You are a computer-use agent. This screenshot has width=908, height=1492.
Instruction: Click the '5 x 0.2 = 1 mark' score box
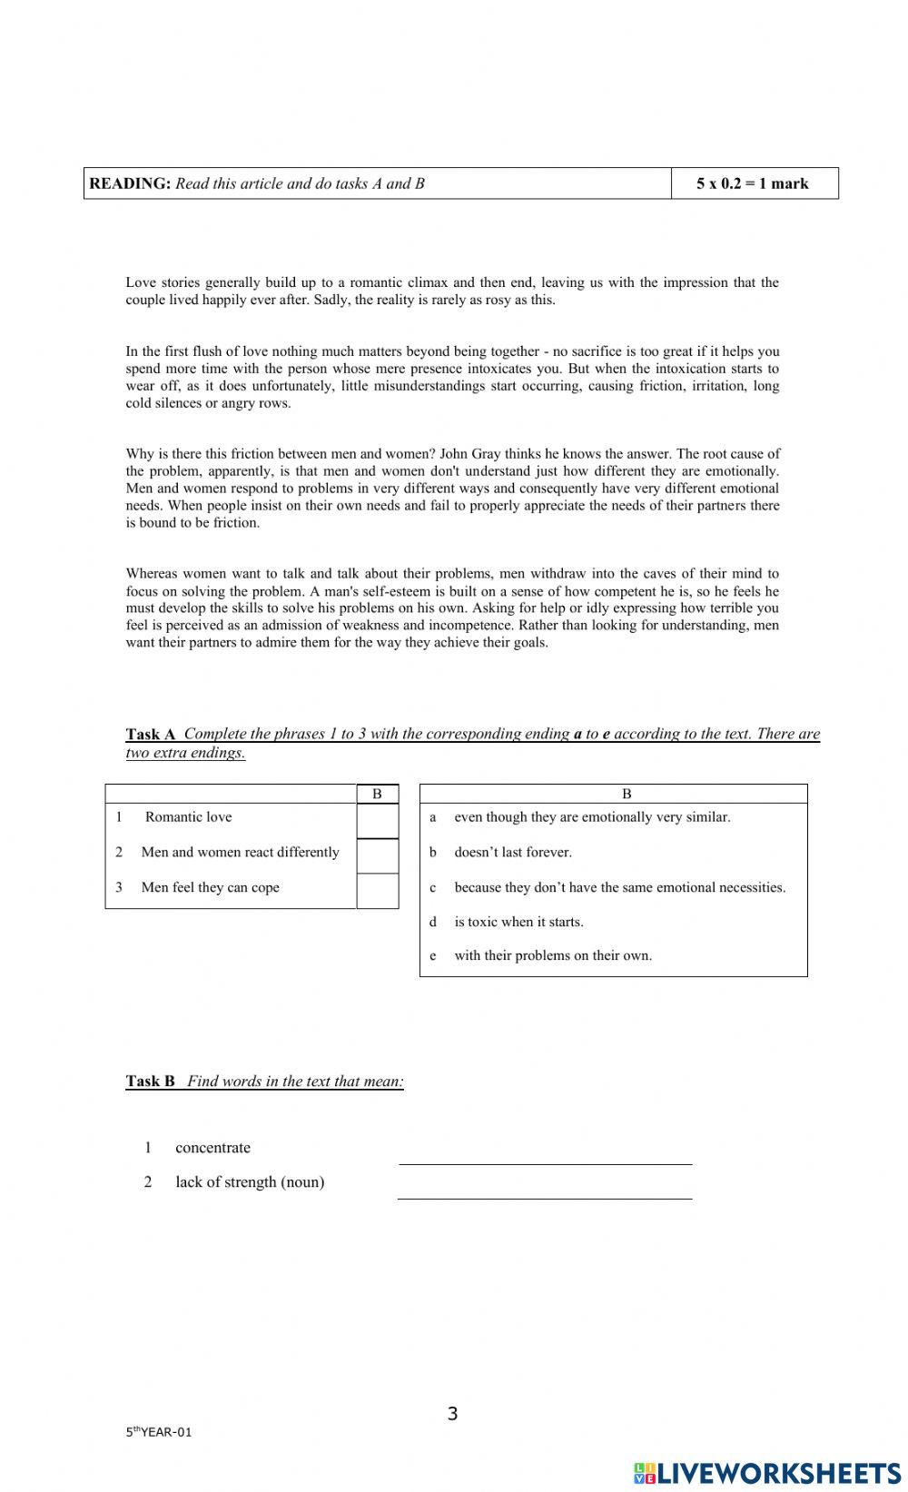(753, 183)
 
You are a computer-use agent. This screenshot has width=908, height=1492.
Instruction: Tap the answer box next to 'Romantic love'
(377, 821)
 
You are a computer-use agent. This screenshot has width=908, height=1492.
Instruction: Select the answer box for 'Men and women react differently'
(377, 855)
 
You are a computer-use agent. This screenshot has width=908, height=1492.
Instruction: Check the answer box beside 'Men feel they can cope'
(377, 891)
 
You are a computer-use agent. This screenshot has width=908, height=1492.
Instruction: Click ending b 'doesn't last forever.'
(512, 852)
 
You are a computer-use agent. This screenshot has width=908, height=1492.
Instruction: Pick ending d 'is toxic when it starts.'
(518, 922)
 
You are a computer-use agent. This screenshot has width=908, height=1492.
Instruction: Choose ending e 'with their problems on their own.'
(552, 955)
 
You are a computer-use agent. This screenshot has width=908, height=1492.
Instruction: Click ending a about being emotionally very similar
(591, 817)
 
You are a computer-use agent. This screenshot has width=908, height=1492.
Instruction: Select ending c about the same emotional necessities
(619, 887)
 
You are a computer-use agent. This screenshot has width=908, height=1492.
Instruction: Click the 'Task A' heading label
(150, 734)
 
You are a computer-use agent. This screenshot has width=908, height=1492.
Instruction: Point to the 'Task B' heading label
(150, 1081)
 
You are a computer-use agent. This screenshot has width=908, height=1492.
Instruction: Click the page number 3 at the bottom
(453, 1413)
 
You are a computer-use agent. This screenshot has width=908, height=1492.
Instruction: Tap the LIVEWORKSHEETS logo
(767, 1472)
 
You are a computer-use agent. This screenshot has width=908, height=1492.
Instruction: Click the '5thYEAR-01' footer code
(159, 1433)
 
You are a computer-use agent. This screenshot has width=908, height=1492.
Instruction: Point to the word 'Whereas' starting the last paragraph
(151, 574)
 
